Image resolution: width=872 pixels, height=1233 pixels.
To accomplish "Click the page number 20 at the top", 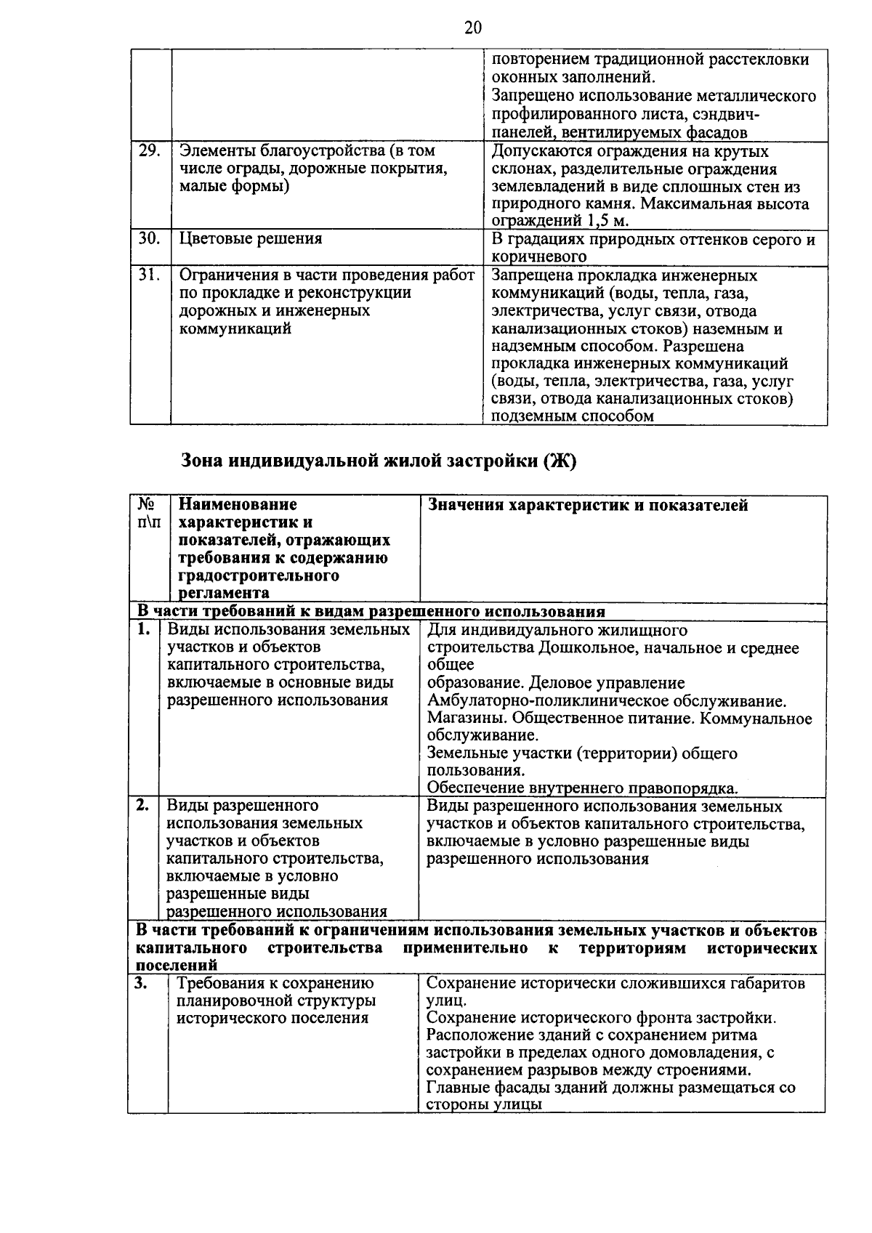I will (x=472, y=28).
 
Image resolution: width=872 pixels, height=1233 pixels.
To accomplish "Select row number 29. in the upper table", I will (x=149, y=151).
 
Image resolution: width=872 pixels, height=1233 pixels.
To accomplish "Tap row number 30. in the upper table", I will (x=149, y=239).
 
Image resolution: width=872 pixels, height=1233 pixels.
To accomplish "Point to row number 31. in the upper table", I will (x=149, y=275).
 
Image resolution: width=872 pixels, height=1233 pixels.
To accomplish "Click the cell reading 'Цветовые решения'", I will (x=251, y=239).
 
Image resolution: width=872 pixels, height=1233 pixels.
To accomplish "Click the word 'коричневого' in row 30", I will (x=538, y=257).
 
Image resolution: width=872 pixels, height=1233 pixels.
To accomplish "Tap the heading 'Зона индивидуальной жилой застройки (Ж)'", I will (x=377, y=461).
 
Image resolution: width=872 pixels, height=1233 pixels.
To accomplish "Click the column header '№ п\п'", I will (x=148, y=514).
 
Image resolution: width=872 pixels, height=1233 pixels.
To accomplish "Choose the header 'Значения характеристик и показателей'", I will (x=588, y=506).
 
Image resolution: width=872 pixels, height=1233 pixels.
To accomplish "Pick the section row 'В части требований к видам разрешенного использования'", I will (x=371, y=612).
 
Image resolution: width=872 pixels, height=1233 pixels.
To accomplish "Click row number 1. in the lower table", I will (x=144, y=629).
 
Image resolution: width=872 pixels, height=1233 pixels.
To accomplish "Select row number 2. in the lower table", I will (x=143, y=806).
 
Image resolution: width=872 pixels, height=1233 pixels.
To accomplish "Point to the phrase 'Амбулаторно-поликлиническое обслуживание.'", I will (x=607, y=702).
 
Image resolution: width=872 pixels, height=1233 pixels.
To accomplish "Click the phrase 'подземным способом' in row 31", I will (x=573, y=416).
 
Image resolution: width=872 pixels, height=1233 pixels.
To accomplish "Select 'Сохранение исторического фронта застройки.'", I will (x=601, y=1018).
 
